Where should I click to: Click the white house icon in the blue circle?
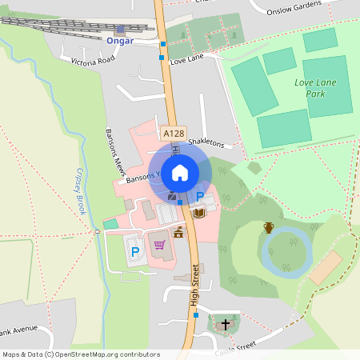point(180,171)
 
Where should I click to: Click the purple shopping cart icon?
point(159,245)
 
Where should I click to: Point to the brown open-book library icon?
point(199,213)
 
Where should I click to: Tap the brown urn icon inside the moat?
point(269,228)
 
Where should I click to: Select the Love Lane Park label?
point(314,88)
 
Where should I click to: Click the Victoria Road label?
point(93,60)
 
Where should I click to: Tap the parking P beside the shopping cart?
point(134,252)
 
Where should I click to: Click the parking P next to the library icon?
point(199,197)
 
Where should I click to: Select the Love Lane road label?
point(188,60)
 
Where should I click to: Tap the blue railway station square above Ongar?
point(120,28)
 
